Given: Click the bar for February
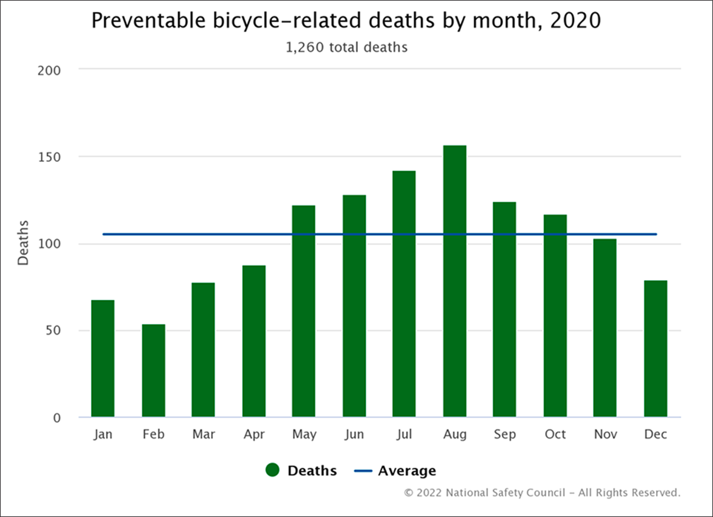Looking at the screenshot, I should click(x=154, y=371).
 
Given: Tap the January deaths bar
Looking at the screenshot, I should click(x=103, y=358).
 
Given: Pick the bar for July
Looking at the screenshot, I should click(x=404, y=294).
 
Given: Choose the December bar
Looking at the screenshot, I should click(x=655, y=348).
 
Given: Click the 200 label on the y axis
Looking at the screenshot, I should click(x=50, y=70).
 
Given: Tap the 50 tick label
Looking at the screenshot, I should click(x=53, y=330).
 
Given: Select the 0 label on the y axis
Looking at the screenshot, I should click(x=56, y=418).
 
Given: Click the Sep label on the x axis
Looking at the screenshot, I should click(x=504, y=434).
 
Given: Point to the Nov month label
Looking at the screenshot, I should click(x=605, y=434).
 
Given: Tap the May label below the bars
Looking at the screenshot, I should click(x=304, y=435).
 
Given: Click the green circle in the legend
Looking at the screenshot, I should click(x=273, y=471).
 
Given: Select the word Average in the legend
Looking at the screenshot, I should click(x=407, y=471).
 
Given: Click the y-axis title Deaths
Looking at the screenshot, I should click(x=23, y=243).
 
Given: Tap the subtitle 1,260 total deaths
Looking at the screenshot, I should click(x=347, y=47).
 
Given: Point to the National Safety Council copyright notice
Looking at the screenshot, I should click(x=542, y=492).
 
